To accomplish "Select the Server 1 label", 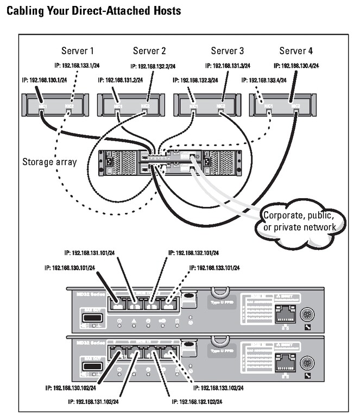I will click(x=77, y=51).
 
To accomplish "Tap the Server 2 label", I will click(x=149, y=51).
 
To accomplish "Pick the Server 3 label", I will click(x=228, y=51).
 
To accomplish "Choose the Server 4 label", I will click(x=296, y=51).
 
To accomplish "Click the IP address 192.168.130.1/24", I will click(x=45, y=80).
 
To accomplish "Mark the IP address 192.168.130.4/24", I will click(x=304, y=66).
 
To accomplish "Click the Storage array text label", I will click(x=50, y=161).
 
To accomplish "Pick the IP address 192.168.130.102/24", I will click(x=70, y=388).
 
